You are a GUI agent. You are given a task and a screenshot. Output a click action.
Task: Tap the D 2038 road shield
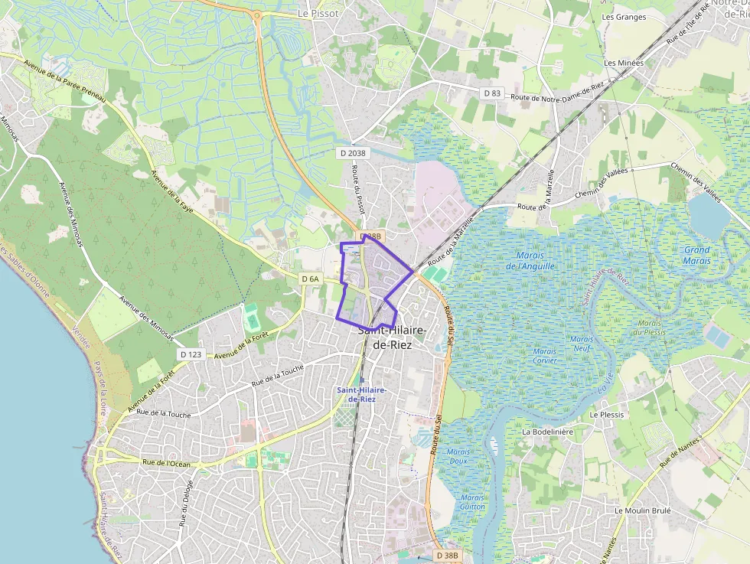click(x=352, y=153)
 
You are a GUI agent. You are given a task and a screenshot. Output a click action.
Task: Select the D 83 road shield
click(x=492, y=93)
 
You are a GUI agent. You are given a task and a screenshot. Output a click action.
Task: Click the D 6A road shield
click(x=310, y=279)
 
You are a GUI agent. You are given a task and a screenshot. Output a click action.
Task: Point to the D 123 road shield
click(x=191, y=354)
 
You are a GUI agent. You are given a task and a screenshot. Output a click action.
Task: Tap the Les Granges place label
click(x=624, y=17)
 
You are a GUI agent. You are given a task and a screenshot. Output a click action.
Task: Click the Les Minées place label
click(x=624, y=63)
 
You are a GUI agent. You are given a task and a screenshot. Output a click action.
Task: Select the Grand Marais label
click(x=696, y=255)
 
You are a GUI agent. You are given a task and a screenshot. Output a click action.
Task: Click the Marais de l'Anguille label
click(x=530, y=261)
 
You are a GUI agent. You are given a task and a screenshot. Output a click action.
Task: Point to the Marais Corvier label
click(x=545, y=355)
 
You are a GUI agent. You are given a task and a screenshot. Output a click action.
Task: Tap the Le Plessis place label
click(x=607, y=415)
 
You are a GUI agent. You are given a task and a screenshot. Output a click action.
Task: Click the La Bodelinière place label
click(x=547, y=432)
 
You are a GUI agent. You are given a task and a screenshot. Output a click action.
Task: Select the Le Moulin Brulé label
click(x=642, y=510)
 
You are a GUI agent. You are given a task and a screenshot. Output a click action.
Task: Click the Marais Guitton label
click(x=473, y=502)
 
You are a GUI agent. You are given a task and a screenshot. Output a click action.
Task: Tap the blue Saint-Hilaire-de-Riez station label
click(x=361, y=395)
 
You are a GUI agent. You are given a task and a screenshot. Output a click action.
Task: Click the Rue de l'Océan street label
click(x=166, y=463)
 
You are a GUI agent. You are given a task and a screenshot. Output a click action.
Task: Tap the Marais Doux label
click(x=458, y=456)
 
